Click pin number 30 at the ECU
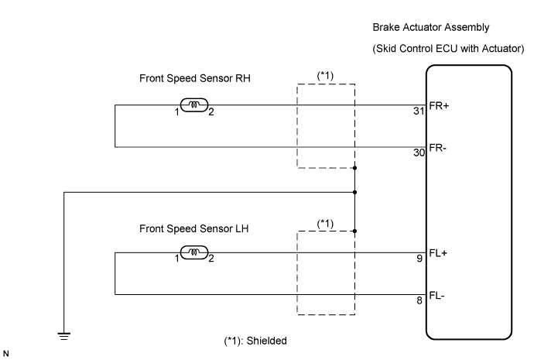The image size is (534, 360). [x=418, y=153]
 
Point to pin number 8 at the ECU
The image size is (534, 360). [x=420, y=300]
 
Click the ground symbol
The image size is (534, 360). [x=64, y=335]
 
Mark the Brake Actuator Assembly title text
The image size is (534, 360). [x=430, y=28]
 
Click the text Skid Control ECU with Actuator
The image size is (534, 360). [x=441, y=50]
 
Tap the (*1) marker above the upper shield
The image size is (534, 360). [x=326, y=76]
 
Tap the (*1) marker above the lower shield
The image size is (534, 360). [x=326, y=223]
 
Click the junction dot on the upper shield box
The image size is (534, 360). [x=354, y=168]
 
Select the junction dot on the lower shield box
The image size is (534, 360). [x=354, y=231]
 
